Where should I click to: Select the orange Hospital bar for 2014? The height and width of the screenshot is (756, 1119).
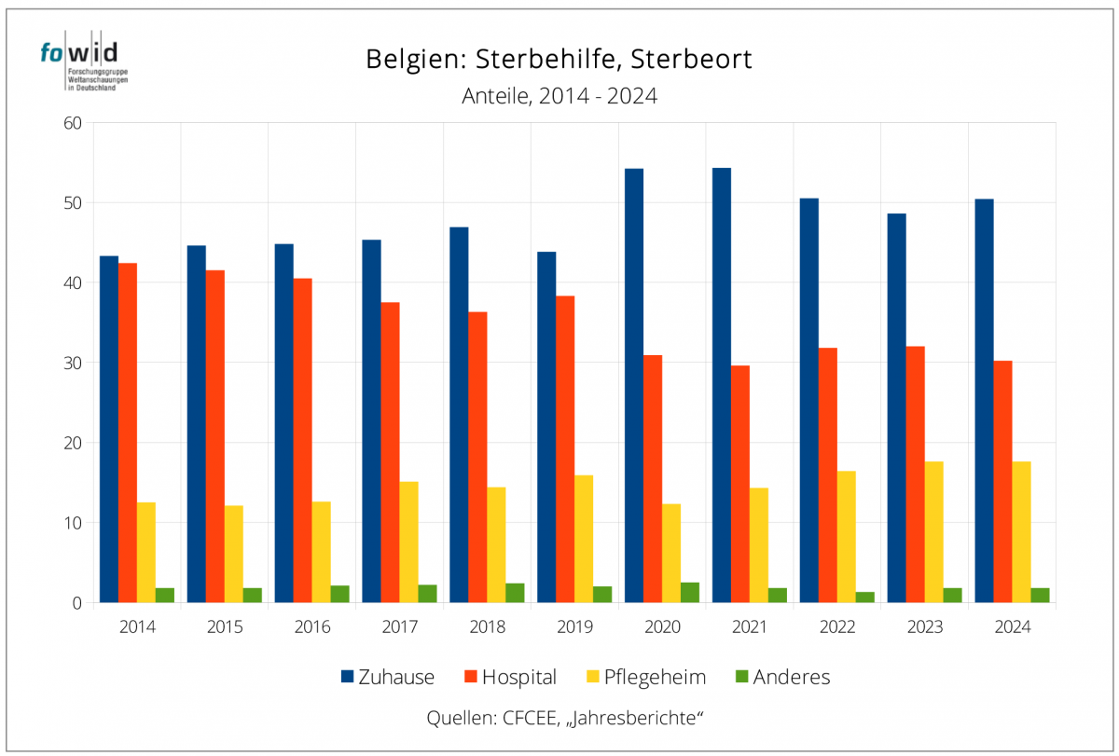[128, 433]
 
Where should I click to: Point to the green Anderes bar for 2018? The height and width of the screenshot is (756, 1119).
[515, 593]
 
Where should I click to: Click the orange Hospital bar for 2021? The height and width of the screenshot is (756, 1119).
[739, 484]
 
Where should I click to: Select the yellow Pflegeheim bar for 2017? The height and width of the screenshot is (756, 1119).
[408, 542]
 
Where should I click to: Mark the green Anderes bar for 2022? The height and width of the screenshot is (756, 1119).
[865, 598]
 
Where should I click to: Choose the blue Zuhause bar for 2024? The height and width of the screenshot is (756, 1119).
[984, 401]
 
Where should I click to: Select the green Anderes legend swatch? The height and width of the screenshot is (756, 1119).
[741, 677]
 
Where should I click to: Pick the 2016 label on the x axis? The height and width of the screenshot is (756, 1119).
[312, 627]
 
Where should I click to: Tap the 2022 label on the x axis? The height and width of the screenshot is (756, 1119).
[837, 627]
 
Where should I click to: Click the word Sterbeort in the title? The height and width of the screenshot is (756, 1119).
[691, 59]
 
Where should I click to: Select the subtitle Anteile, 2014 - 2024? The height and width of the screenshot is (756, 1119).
[559, 96]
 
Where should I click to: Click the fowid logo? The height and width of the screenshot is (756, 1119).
[85, 65]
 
